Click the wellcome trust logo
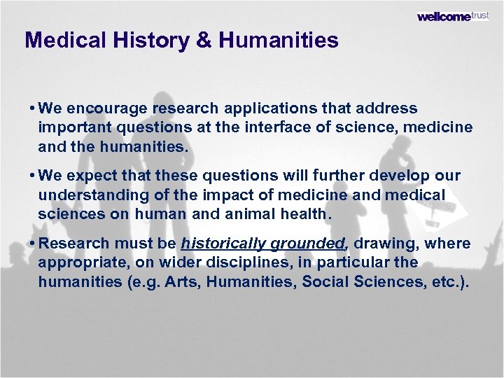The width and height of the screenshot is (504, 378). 453,16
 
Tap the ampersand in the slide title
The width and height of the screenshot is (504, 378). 204,41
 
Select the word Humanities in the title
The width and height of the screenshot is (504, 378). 278,41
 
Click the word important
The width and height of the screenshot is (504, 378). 72,128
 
